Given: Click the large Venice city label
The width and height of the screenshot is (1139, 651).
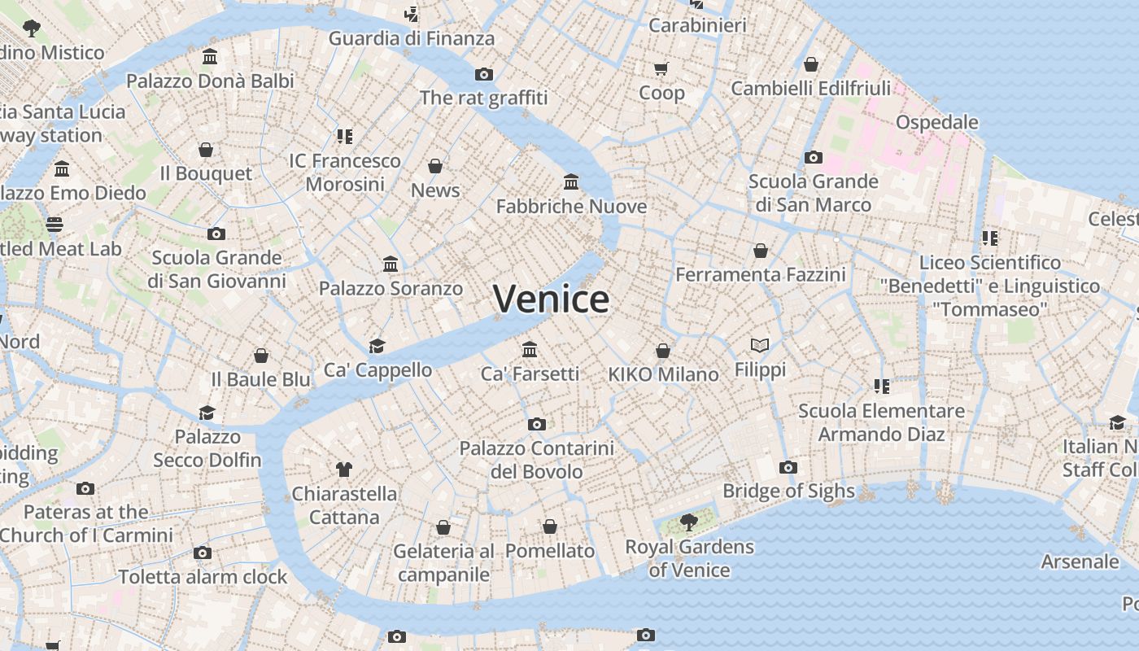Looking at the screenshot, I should pos(551,299).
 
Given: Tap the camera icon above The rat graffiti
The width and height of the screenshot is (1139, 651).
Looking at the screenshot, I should pos(484,75).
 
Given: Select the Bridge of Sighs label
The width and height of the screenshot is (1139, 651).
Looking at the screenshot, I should pos(788,491).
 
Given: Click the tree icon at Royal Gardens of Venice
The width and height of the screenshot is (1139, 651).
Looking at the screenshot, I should pos(689,522).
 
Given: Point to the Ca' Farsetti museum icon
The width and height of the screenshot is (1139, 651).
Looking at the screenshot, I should pos(530,349).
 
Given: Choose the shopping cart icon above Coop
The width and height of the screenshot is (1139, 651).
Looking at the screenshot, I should pos(661,68).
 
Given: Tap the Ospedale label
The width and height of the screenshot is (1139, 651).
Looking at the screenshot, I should pos(936,122).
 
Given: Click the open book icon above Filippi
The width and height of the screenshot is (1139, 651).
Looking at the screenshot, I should pos(760,346).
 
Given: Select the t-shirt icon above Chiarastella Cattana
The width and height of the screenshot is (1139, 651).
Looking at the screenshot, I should pos(344,470).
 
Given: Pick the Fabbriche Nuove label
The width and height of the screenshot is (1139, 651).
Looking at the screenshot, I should pos(571,207).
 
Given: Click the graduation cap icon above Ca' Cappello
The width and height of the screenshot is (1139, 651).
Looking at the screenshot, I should pos(377,346).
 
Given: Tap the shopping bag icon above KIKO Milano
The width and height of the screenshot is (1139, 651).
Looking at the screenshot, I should pos(663,351).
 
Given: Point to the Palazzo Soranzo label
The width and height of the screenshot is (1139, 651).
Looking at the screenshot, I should pos(391,288).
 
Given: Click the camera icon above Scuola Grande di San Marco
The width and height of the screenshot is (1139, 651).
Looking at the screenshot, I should pos(813,158).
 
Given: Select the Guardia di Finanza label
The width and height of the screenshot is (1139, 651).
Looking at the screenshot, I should pos(411,38).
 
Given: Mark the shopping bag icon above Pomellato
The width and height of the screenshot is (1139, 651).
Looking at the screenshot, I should pos(550,527).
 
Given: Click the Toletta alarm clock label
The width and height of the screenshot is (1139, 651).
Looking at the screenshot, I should pos(203,577).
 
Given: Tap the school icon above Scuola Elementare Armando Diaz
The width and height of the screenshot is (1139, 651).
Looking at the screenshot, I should pos(881,386).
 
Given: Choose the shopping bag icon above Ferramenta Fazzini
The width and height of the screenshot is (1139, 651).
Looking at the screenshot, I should pos(760,251).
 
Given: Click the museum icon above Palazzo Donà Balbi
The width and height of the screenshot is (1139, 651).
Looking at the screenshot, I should pos(210,57).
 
